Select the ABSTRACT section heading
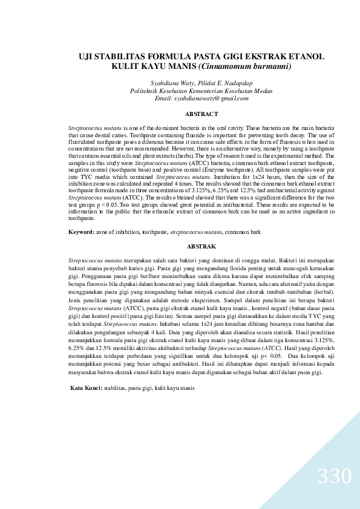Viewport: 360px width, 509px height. (x=201, y=114)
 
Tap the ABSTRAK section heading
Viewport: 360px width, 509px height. (x=201, y=247)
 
